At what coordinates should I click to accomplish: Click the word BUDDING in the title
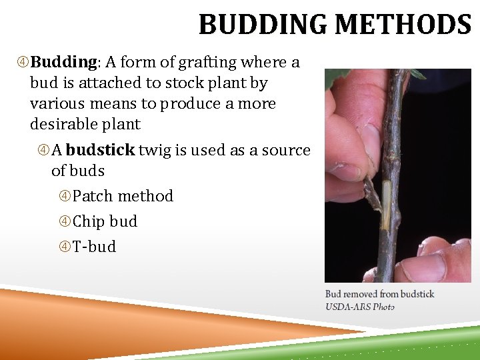tap(263, 25)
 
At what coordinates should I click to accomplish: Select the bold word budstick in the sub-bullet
tap(100, 150)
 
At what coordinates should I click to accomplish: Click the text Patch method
tap(123, 196)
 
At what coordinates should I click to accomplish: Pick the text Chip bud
tap(105, 221)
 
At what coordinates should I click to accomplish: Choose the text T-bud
tap(94, 247)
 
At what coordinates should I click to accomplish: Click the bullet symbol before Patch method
tap(65, 197)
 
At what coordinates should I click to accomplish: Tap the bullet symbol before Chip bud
tap(65, 222)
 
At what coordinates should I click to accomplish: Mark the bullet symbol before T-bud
tap(65, 247)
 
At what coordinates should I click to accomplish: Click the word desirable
tap(61, 125)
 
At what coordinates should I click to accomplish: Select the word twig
tap(154, 150)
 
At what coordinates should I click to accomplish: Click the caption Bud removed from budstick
tap(379, 294)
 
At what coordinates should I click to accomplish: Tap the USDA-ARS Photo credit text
tap(359, 306)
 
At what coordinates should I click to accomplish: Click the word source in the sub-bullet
tap(285, 150)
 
